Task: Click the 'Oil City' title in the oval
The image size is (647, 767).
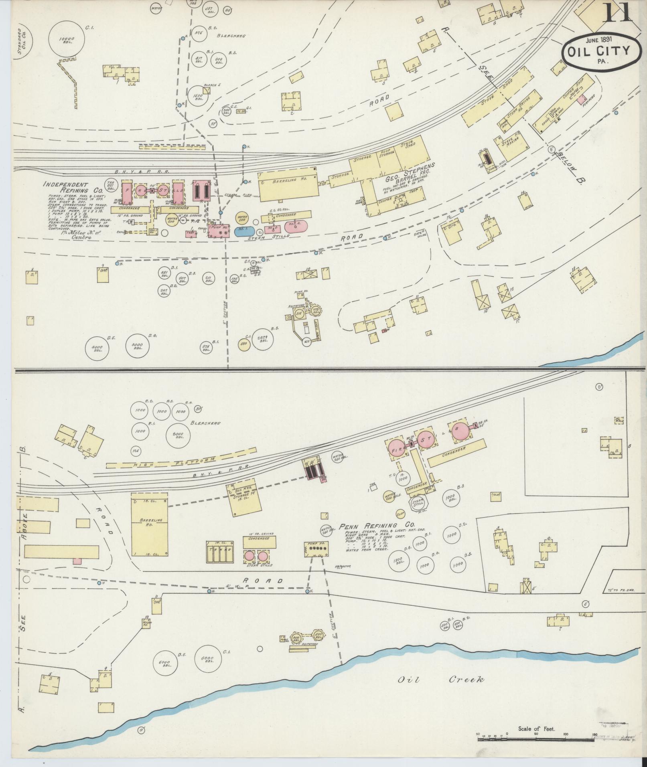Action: pos(598,51)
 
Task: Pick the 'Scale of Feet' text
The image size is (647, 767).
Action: pos(536,729)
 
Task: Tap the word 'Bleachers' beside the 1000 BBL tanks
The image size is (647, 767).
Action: pos(205,423)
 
